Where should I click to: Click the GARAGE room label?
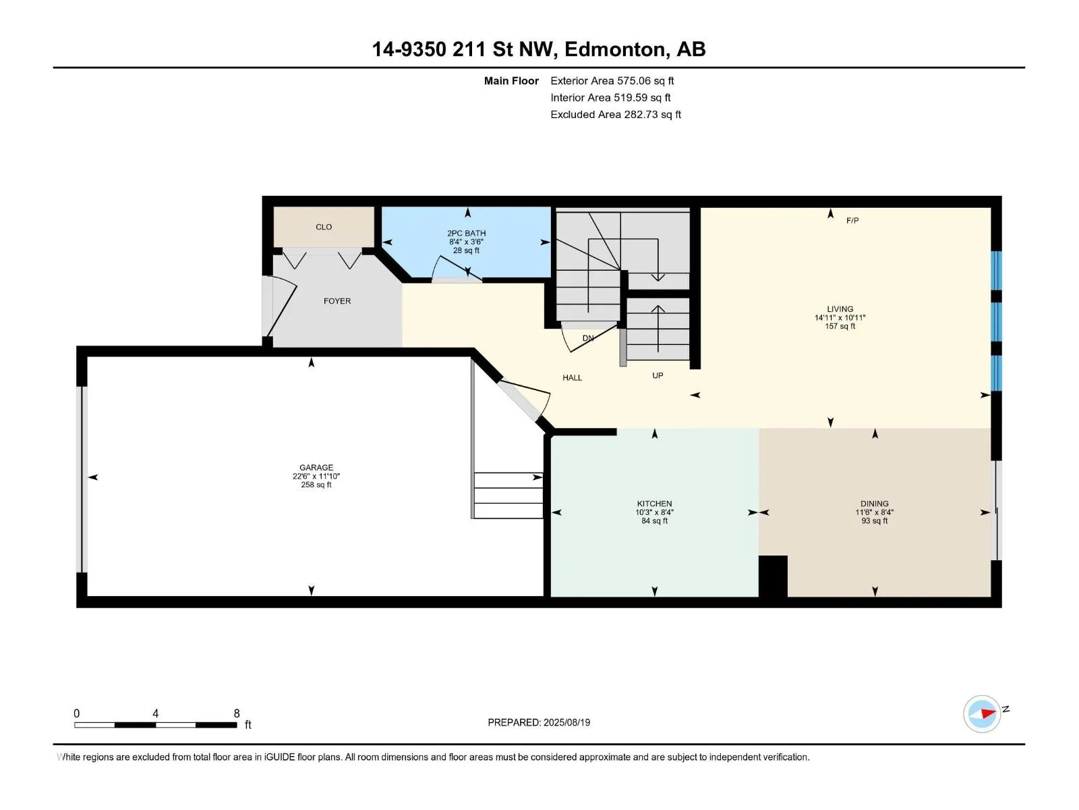point(316,467)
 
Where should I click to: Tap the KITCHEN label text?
point(654,504)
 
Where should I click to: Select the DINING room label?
point(875,504)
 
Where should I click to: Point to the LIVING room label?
point(840,309)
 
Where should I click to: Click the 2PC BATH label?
point(466,233)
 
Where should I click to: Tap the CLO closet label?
point(324,227)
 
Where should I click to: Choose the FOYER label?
point(337,301)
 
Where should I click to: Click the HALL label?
point(572,378)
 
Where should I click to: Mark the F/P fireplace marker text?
point(852,220)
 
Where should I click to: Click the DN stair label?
point(588,338)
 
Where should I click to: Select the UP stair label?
point(658,375)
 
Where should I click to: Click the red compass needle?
point(988,713)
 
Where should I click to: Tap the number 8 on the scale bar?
point(237,713)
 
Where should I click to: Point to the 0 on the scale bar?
point(77,713)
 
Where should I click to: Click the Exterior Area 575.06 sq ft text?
point(612,80)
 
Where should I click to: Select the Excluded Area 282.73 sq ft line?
point(616,115)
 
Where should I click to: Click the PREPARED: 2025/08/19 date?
point(539,722)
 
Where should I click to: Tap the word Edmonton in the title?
point(614,50)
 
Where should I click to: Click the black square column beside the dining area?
point(774,576)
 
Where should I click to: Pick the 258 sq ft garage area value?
point(316,485)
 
